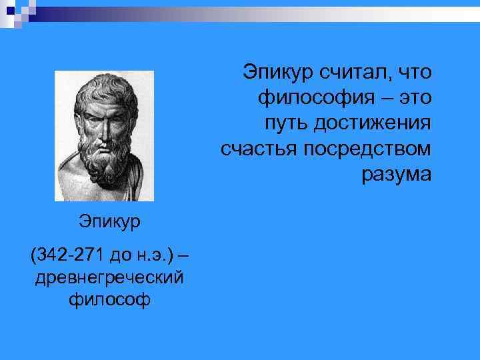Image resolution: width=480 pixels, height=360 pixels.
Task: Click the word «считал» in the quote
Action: pos(351,71)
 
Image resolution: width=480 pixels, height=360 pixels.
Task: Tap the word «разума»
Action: pos(397,175)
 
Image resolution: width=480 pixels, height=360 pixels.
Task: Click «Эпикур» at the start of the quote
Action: pos(275,71)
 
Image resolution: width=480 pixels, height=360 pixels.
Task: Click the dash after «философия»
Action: pos(383,97)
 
